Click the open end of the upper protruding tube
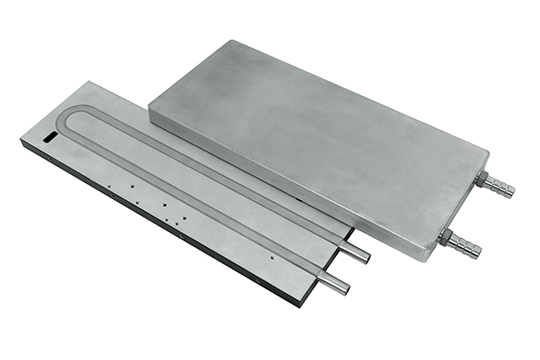tap(367, 257)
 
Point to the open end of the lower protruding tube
tap(346, 287)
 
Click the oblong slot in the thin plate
tap(50, 133)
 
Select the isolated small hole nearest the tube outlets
tap(271, 256)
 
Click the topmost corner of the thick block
tap(232, 42)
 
